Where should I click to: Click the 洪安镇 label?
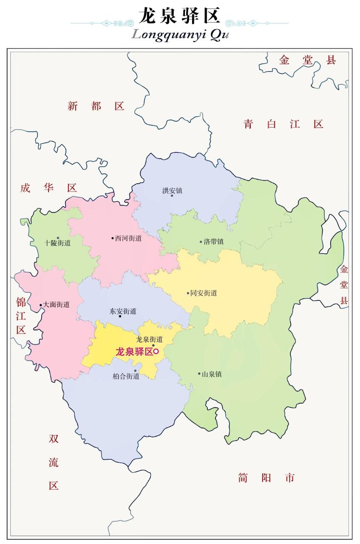pos(172,191)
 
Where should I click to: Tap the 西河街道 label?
pos(128,238)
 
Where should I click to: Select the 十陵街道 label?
pos(57,244)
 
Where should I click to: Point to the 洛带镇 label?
pos(213,242)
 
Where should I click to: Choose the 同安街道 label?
pos(204,293)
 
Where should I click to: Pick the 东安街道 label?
pos(123,311)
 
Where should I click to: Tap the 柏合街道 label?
pos(126,376)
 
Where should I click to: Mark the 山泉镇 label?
pos(212,374)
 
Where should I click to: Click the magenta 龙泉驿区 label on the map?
pos(134,351)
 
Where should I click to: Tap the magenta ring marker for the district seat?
pos(156,351)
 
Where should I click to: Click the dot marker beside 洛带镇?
pos(201,242)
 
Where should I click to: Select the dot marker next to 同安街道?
pos(188,293)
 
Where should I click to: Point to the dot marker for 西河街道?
pos(113,238)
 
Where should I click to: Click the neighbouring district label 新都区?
pos(96,106)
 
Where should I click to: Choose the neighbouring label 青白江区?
pos(283,124)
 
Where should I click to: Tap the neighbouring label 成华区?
pos(48,188)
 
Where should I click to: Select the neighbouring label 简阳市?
pos(266,478)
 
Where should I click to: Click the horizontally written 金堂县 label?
pos(307,60)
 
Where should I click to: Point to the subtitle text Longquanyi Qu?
pos(180,34)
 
